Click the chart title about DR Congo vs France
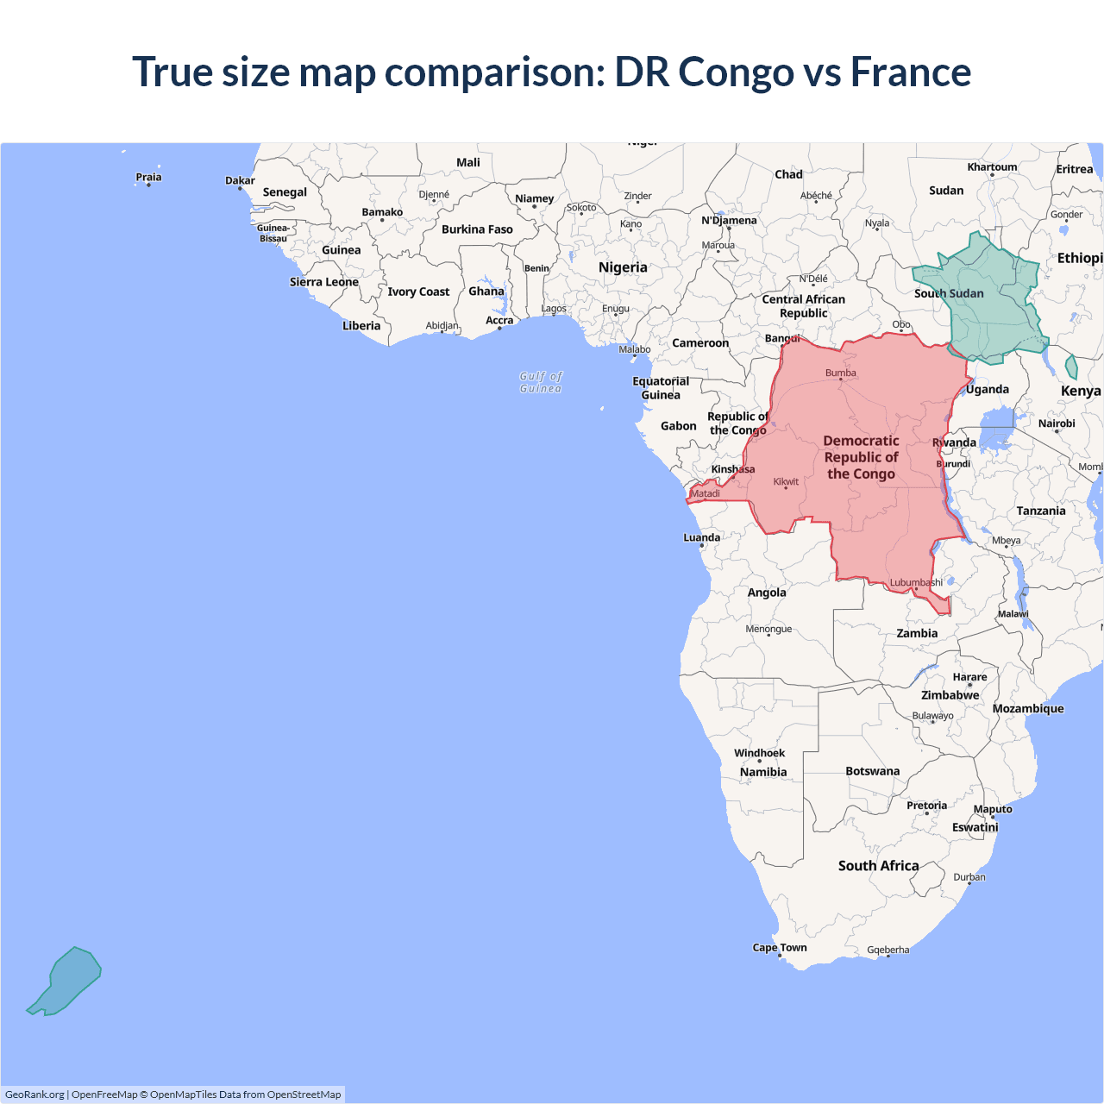coord(552,72)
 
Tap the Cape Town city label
coord(780,947)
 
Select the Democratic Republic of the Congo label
coord(861,457)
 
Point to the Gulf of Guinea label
coord(541,382)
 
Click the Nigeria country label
coord(623,267)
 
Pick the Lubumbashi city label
coord(916,582)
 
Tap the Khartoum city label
coord(992,167)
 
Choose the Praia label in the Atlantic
coord(148,177)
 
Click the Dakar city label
coord(240,180)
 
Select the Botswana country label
coord(872,771)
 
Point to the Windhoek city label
coord(759,753)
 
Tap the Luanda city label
coord(701,537)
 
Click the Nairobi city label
coord(1057,423)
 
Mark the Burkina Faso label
coord(477,229)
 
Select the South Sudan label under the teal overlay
coord(949,293)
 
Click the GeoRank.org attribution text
coord(34,1095)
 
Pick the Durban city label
coord(969,877)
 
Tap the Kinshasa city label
coord(733,469)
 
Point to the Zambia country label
coord(917,633)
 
